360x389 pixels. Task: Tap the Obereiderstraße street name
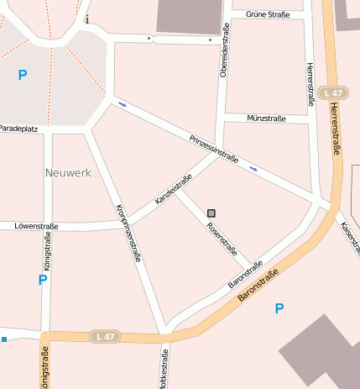point(224,51)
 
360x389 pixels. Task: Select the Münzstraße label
point(266,119)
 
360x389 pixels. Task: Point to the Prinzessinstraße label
point(214,148)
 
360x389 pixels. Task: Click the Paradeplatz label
point(19,129)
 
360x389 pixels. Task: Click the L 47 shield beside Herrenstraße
point(333,93)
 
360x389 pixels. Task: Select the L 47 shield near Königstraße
point(106,336)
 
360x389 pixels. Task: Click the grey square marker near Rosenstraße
point(211,213)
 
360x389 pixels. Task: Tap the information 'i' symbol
point(87,18)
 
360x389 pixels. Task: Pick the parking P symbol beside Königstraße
point(42,280)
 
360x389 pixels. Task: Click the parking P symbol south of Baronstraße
point(279,309)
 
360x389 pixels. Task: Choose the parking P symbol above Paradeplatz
point(23,76)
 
